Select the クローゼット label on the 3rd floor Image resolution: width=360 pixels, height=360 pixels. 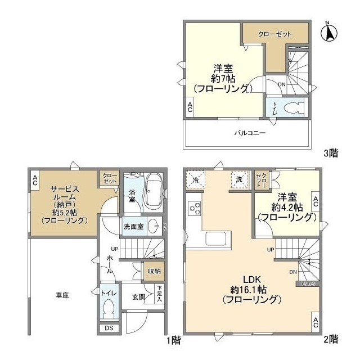275,34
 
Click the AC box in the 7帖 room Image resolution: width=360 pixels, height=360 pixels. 190,107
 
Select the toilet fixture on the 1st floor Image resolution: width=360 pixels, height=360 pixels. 109,309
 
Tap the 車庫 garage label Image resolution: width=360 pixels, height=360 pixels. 62,294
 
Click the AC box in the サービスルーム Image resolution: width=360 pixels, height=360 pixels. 35,180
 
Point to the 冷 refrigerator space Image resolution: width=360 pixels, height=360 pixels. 195,179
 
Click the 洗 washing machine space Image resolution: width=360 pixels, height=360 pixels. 239,179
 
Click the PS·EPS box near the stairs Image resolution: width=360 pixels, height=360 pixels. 307,284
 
